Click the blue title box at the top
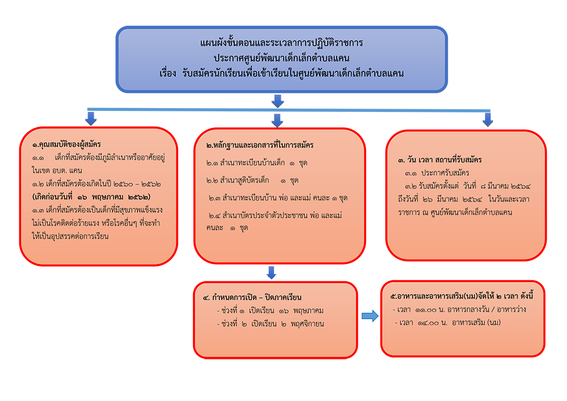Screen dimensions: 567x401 [x=282, y=59]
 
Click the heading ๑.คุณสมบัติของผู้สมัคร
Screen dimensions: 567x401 [x=66, y=145]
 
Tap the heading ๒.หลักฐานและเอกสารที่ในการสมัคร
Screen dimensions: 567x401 [x=260, y=145]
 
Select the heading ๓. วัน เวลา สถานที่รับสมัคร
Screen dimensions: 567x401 [x=440, y=160]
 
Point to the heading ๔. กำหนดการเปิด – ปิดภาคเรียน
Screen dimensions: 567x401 [x=252, y=297]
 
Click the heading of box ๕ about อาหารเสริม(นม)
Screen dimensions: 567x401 [x=462, y=296]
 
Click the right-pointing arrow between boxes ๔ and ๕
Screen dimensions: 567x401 [x=370, y=316]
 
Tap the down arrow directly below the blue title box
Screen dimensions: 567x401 [x=278, y=101]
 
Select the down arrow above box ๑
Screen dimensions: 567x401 [x=91, y=118]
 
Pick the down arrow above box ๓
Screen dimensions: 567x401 [x=488, y=119]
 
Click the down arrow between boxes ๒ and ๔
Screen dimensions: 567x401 [x=271, y=273]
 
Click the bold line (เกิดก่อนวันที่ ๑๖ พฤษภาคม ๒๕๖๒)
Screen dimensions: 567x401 [x=91, y=197]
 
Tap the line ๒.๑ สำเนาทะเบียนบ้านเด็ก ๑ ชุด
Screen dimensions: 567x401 [x=257, y=163]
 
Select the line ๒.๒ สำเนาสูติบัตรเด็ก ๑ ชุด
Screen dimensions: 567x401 [x=252, y=181]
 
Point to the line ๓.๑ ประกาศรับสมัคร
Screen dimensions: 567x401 [x=437, y=173]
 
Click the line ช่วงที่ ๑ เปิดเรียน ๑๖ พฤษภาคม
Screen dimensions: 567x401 [x=270, y=311]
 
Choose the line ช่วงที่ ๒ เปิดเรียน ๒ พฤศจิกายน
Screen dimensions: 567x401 [x=270, y=324]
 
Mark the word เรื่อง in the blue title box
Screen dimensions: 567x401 [x=168, y=74]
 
